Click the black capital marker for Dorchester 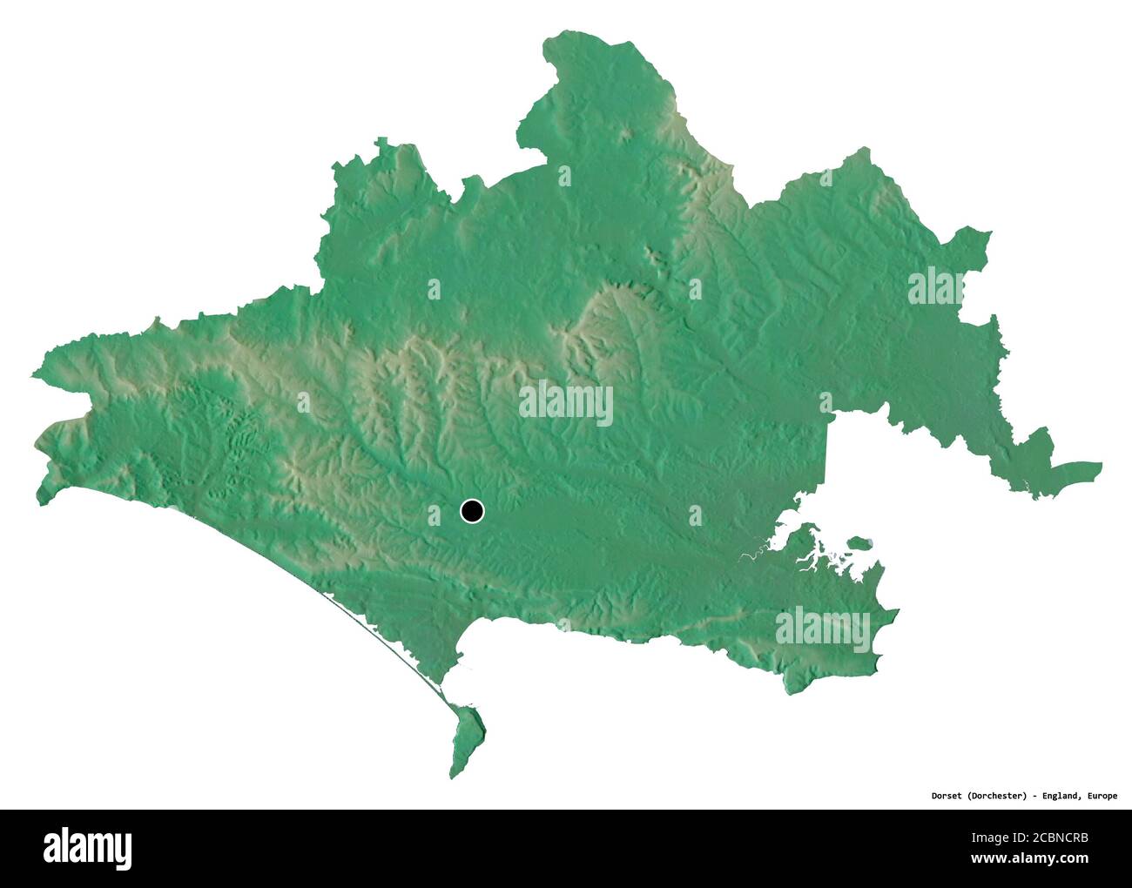click(x=472, y=511)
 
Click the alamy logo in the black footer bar click(x=88, y=846)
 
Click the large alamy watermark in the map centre click(x=566, y=403)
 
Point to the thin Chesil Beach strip click(x=383, y=644)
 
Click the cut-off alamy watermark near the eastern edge click(x=938, y=287)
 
